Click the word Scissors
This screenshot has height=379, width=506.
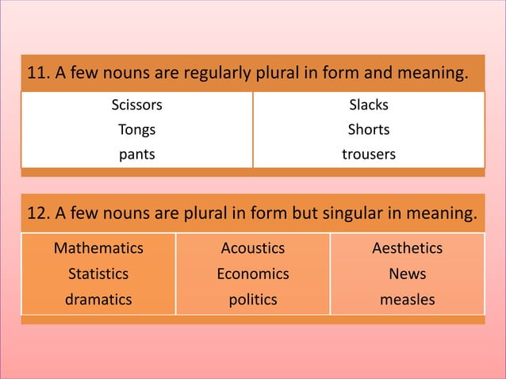tap(136, 105)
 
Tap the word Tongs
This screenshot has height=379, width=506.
tap(136, 130)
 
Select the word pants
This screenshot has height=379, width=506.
tap(136, 155)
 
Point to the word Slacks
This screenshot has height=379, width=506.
tap(369, 105)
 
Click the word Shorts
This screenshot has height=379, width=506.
tap(369, 130)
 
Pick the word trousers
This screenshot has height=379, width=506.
tap(369, 155)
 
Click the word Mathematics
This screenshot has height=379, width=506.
tap(98, 248)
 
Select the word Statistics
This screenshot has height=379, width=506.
tap(98, 274)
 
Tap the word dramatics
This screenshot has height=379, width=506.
tap(98, 300)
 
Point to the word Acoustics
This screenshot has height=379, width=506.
tap(253, 248)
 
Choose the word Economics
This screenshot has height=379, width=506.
tap(253, 274)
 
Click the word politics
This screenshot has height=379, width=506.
tap(253, 300)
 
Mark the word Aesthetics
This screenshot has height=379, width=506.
tap(408, 248)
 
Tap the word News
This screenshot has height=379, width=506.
tap(408, 274)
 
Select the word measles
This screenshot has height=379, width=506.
tap(408, 300)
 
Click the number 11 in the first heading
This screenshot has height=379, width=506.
tap(36, 75)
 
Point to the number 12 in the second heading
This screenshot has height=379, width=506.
tap(36, 213)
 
